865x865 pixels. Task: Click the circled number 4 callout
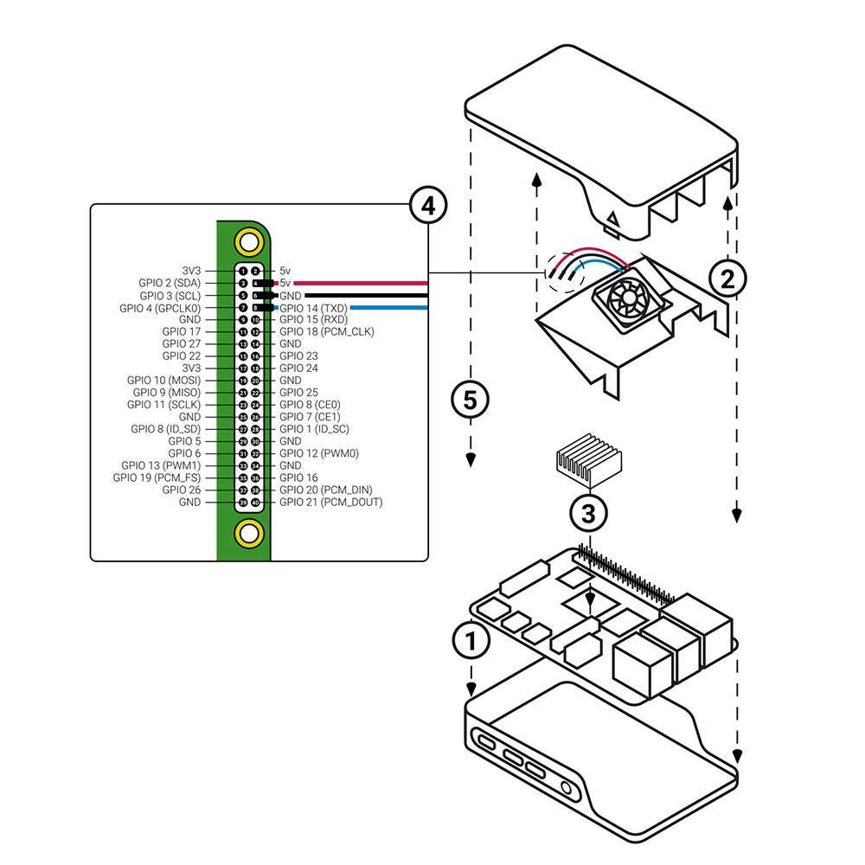pos(427,206)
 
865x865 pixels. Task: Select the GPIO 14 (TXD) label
pos(314,308)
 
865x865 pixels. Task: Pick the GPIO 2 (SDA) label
pos(170,283)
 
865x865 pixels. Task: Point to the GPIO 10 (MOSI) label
pos(164,380)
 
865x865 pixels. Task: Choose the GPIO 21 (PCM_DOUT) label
pos(330,502)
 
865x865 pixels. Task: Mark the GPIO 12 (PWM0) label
pos(318,453)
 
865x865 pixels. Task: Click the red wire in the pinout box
pos(363,283)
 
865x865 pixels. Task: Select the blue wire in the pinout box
pos(389,307)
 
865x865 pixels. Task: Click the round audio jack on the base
pos(568,788)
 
